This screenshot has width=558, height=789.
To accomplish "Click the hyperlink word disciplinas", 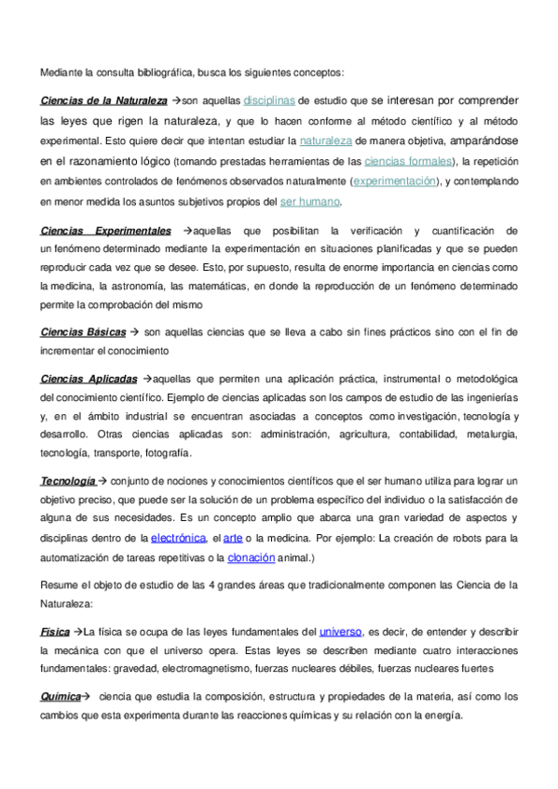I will point(269,100).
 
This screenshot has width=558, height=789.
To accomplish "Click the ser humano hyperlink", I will point(310,202).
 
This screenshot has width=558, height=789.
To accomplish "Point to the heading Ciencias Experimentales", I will point(105,230).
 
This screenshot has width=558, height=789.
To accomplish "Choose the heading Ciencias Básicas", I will point(84,331).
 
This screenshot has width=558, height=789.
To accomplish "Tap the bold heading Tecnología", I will point(67,480).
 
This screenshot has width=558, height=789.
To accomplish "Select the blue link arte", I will point(233,538).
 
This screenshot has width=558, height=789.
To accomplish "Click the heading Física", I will point(55,631).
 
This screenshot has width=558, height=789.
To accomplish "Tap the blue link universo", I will point(340,631).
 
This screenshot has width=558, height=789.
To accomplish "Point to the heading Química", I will point(59,696).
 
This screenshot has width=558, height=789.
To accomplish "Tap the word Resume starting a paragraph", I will point(61,584).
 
